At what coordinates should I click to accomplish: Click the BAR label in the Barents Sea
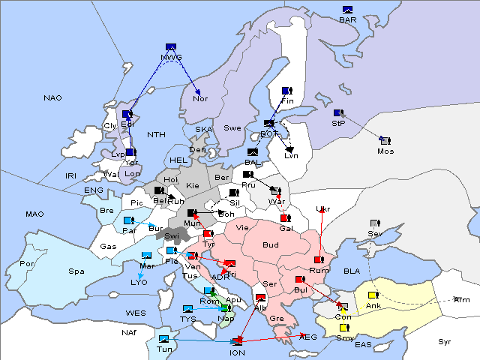(347, 20)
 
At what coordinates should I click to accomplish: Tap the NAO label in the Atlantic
(52, 98)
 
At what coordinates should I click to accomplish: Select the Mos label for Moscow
(385, 151)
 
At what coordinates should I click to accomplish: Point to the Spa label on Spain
(76, 271)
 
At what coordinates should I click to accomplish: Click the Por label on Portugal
(28, 264)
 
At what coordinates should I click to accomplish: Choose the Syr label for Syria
(445, 342)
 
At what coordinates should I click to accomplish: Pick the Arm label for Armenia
(462, 300)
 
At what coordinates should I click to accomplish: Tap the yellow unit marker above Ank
(373, 295)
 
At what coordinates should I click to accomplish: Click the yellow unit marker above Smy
(344, 327)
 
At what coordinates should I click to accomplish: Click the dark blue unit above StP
(337, 112)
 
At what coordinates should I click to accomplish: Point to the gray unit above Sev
(374, 223)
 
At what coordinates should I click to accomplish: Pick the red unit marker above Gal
(285, 218)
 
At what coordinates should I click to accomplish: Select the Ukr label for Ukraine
(323, 209)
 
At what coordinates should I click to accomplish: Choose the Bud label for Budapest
(270, 244)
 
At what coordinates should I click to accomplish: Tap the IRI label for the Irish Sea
(71, 175)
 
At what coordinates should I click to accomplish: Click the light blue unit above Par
(128, 220)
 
